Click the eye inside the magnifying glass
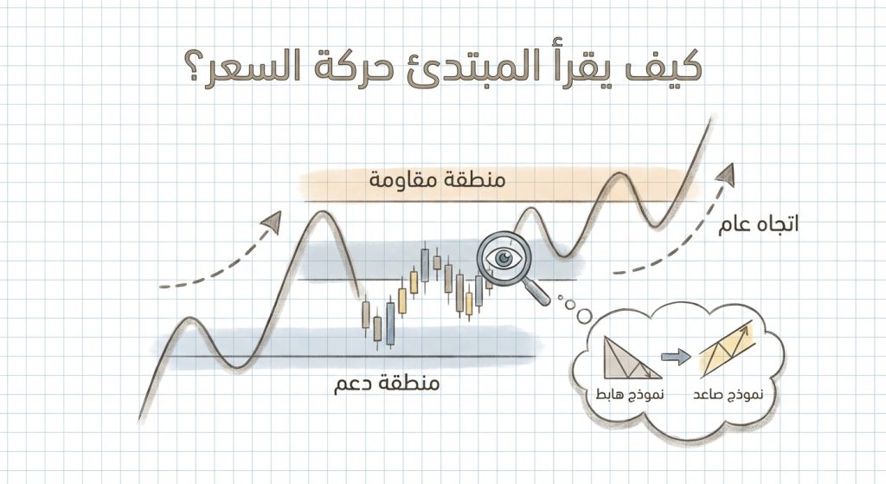pos(504,256)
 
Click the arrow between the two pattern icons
pos(677,355)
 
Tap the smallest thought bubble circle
pos(560,299)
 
